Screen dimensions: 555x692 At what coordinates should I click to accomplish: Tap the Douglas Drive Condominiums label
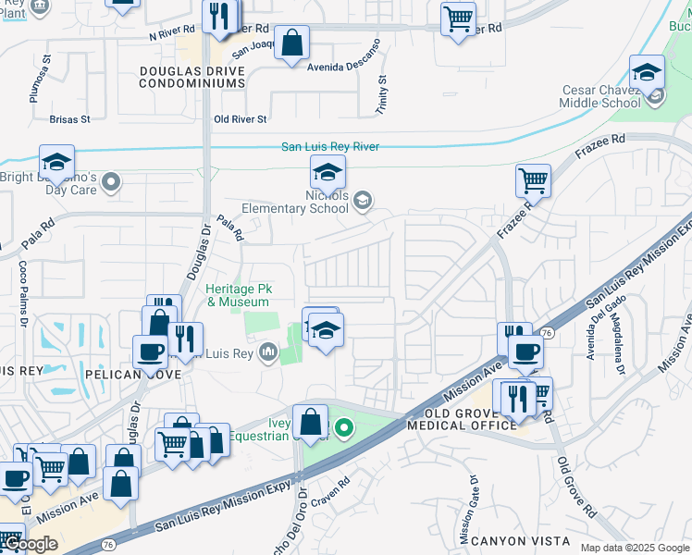[x=192, y=77]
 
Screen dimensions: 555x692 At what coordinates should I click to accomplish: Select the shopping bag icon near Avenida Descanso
[x=292, y=43]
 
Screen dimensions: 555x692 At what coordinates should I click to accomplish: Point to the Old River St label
[x=240, y=119]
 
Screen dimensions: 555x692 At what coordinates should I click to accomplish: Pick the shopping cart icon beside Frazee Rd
[x=533, y=180]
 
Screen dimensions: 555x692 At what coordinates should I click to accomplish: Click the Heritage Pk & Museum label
[x=238, y=296]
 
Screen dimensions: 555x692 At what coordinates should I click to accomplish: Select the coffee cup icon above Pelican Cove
[x=150, y=351]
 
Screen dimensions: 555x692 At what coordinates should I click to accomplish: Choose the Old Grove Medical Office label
[x=470, y=418]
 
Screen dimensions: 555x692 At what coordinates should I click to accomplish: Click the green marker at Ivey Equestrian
[x=344, y=427]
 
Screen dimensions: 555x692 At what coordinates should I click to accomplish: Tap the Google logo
[x=30, y=544]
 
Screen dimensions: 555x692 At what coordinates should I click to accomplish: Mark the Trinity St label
[x=381, y=92]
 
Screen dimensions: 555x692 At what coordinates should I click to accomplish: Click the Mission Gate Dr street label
[x=467, y=508]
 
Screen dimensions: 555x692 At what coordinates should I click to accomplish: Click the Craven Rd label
[x=331, y=483]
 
